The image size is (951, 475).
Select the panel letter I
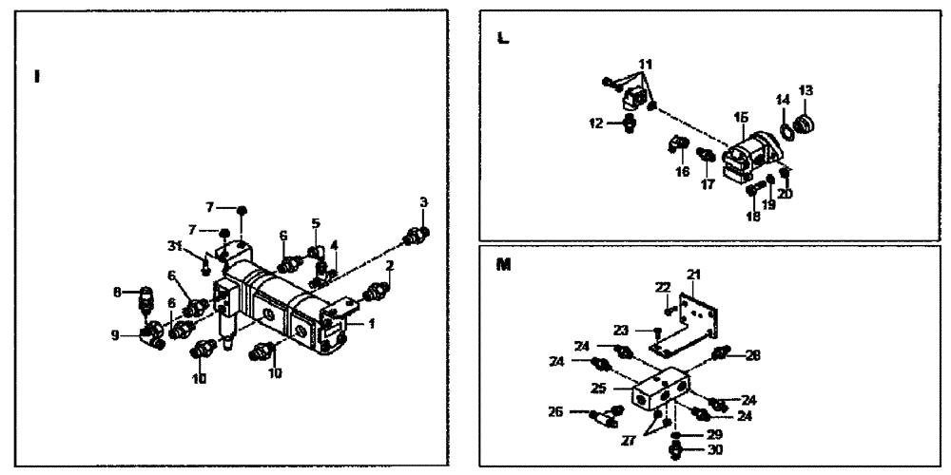click(36, 76)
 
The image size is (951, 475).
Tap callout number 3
click(423, 201)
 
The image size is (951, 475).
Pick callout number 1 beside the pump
click(371, 323)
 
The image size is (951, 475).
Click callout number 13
click(806, 90)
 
